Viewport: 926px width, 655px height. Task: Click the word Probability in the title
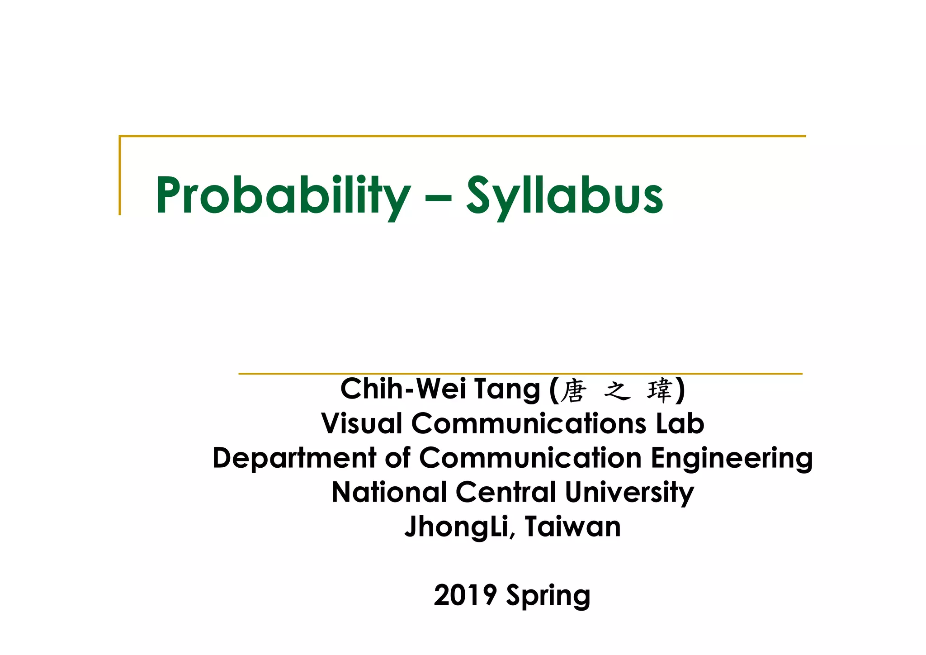pyautogui.click(x=283, y=195)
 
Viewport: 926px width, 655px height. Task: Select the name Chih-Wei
pyautogui.click(x=403, y=389)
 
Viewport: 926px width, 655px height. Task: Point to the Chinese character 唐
pyautogui.click(x=573, y=391)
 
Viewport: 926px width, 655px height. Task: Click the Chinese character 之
pyautogui.click(x=617, y=391)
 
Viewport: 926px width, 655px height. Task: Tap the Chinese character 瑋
pyautogui.click(x=660, y=391)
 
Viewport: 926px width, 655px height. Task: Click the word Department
pyautogui.click(x=294, y=458)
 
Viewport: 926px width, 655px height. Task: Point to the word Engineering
pyautogui.click(x=732, y=458)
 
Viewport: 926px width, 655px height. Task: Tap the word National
pyautogui.click(x=389, y=492)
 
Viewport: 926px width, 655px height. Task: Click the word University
pyautogui.click(x=629, y=492)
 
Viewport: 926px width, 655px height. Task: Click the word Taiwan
pyautogui.click(x=573, y=527)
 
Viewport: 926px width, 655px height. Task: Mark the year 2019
pyautogui.click(x=465, y=595)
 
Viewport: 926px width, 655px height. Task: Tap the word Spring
pyautogui.click(x=548, y=596)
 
